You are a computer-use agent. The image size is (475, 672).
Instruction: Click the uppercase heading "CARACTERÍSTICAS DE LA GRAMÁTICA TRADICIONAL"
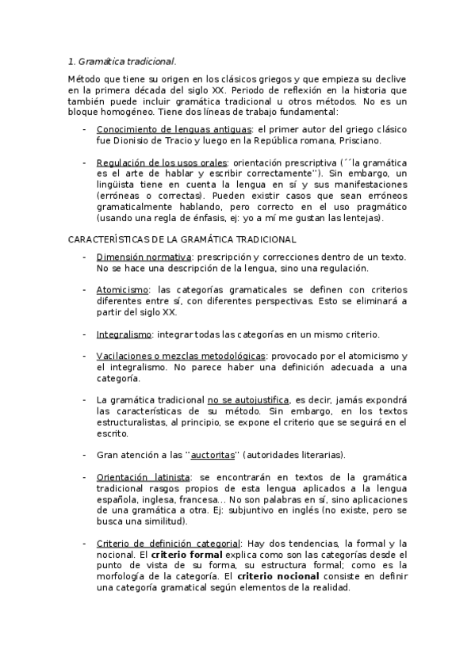click(182, 239)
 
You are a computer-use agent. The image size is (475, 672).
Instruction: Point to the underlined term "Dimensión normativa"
click(144, 258)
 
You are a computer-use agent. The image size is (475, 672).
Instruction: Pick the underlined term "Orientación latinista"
click(144, 478)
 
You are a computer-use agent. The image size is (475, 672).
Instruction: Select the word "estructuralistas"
click(135, 423)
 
